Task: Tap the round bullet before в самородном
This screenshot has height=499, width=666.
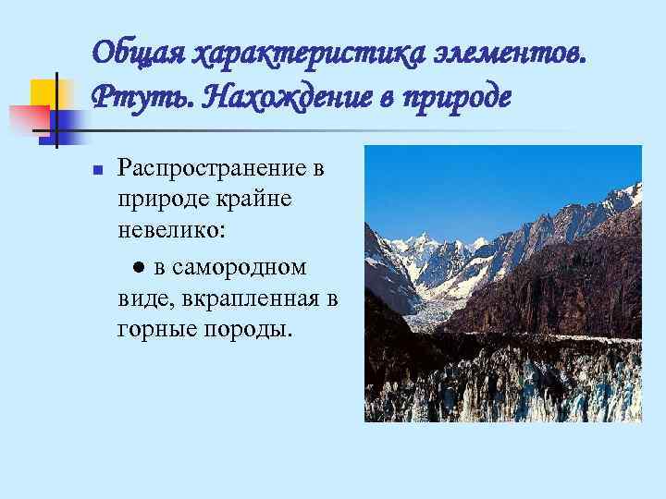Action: tap(136, 268)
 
